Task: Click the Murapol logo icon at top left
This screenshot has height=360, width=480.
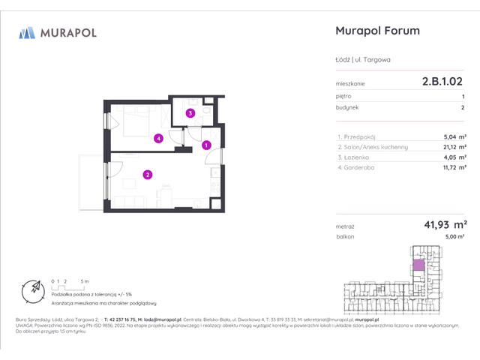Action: [x=27, y=32]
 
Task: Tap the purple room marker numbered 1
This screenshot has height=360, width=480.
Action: [x=206, y=145]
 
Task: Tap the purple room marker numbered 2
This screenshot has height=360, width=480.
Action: [x=148, y=175]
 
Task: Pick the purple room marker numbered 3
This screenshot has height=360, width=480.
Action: [x=190, y=114]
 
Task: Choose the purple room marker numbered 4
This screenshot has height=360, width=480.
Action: [x=158, y=138]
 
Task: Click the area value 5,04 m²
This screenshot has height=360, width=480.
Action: [x=455, y=136]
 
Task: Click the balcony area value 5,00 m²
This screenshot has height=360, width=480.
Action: [x=454, y=236]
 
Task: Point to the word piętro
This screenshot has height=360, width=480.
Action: [x=343, y=96]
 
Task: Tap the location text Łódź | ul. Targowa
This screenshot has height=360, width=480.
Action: [x=363, y=60]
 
